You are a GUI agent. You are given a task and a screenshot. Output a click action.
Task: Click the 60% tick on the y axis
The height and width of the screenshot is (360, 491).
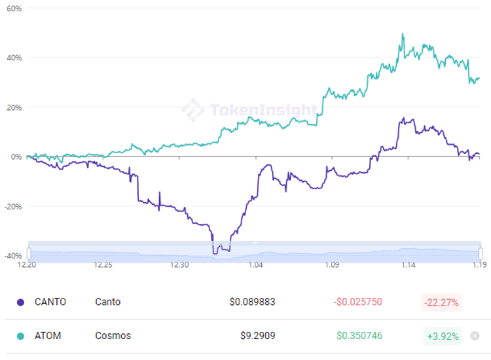tap(13, 9)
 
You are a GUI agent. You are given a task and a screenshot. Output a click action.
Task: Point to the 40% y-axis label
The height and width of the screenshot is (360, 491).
tap(13, 58)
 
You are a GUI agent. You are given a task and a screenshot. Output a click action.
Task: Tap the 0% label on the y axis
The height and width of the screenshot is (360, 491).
tap(16, 156)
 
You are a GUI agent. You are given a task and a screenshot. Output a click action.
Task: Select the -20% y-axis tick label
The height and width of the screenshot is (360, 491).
tap(13, 206)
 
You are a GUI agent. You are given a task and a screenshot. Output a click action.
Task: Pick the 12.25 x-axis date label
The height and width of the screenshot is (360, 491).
tap(103, 265)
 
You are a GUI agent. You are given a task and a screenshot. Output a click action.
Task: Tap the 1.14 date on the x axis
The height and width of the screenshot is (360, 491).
tap(409, 265)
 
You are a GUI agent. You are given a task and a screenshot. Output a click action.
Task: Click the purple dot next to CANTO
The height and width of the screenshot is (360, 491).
tap(20, 302)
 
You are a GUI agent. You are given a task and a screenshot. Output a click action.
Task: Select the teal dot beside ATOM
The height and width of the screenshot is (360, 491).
tap(20, 336)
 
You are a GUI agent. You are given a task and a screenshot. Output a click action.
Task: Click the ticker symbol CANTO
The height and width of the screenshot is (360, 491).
tap(50, 302)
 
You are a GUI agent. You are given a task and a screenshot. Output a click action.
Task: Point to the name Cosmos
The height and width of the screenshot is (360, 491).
tap(113, 336)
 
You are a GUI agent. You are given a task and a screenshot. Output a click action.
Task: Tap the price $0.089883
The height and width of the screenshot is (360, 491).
tap(252, 302)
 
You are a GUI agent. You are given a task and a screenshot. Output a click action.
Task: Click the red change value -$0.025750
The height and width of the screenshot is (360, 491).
tap(357, 302)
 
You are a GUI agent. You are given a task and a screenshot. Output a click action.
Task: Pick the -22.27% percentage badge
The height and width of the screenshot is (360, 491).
tap(441, 302)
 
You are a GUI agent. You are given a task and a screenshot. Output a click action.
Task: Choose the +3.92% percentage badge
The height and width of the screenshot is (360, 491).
tap(443, 336)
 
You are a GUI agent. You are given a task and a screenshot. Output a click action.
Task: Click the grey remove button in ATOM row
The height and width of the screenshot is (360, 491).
tap(475, 336)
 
